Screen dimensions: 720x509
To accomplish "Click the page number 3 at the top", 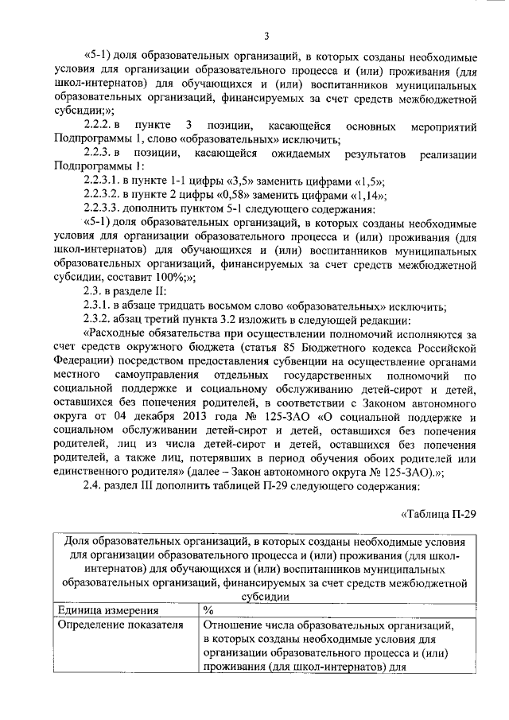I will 267,36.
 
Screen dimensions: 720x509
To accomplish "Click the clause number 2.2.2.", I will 101,126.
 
